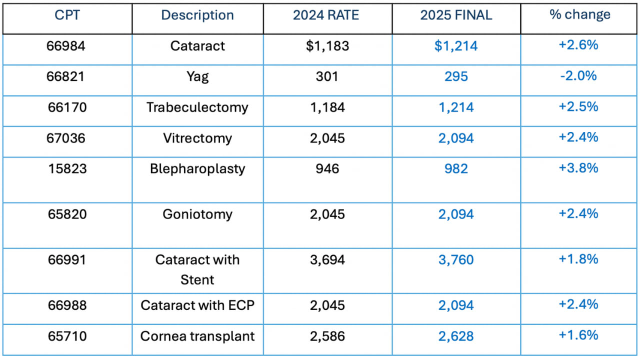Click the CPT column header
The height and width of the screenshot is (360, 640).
[67, 15]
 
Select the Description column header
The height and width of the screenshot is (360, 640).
[197, 15]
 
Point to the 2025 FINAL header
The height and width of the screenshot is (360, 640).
[456, 15]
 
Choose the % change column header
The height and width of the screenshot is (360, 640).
[580, 14]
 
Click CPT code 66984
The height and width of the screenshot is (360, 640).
[67, 46]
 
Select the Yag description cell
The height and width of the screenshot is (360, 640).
[197, 76]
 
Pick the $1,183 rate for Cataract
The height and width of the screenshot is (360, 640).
[327, 46]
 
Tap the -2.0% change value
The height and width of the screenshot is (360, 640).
[578, 76]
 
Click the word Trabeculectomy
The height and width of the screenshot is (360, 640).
[197, 107]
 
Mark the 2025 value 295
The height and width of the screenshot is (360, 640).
[456, 76]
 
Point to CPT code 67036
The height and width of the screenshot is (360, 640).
[67, 138]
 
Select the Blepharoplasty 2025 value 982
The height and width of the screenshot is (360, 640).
[456, 168]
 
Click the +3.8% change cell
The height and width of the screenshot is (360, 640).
[578, 168]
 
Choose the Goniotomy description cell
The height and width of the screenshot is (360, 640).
[197, 214]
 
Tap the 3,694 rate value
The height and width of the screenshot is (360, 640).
[327, 260]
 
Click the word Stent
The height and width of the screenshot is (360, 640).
[197, 280]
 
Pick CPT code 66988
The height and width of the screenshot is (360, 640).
[67, 305]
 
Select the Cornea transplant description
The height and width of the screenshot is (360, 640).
[197, 336]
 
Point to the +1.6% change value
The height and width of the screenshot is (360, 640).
[578, 335]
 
